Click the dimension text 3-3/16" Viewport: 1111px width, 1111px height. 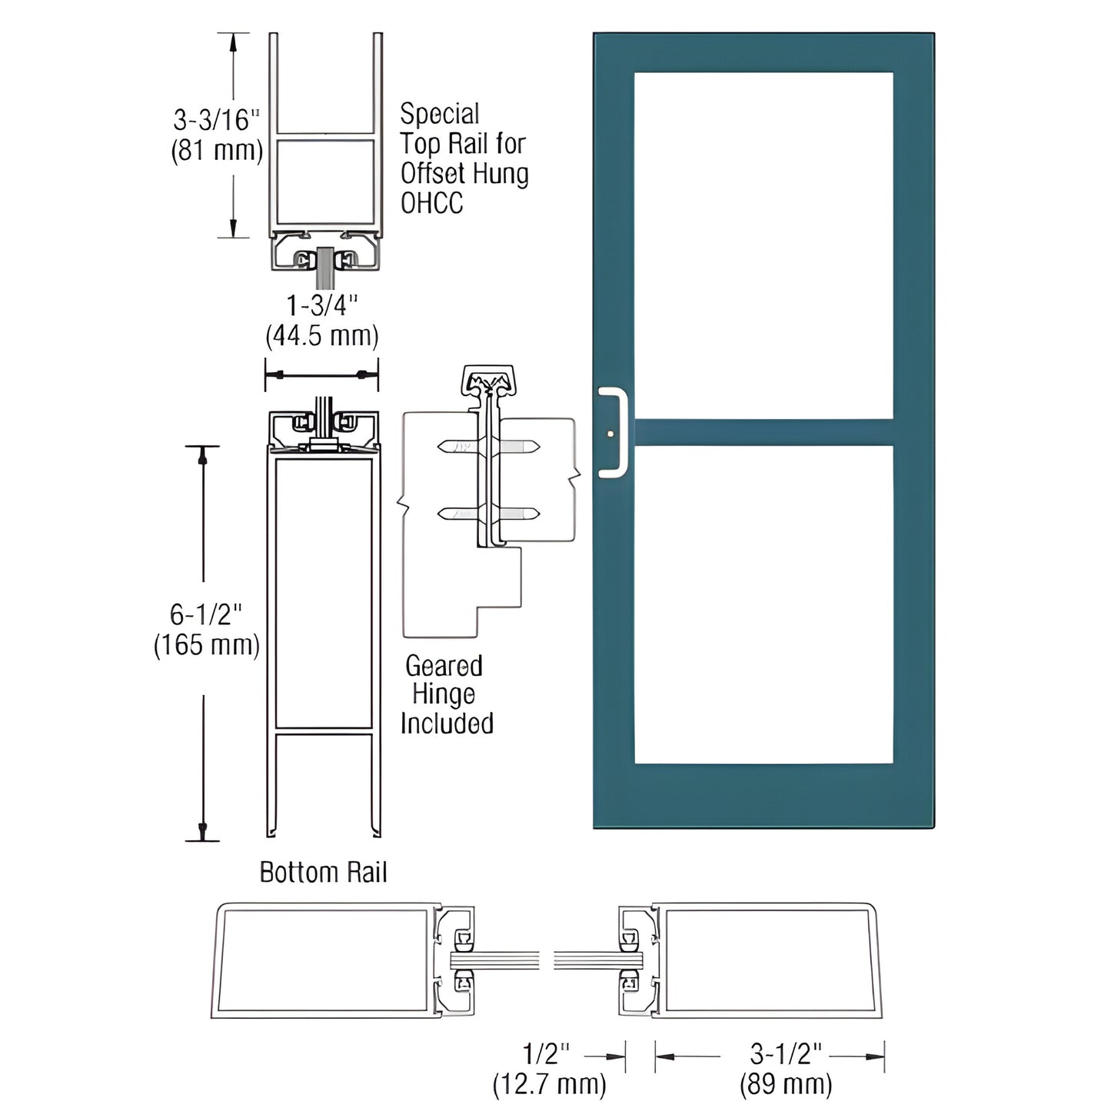click(215, 120)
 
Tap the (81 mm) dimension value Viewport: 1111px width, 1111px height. click(216, 150)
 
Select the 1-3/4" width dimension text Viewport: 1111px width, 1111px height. click(322, 306)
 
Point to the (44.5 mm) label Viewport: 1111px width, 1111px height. click(322, 336)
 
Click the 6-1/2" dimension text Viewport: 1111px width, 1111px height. click(205, 614)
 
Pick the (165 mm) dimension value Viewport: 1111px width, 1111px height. click(206, 644)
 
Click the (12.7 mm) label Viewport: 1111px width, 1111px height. click(549, 1084)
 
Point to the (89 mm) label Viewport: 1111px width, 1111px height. click(785, 1084)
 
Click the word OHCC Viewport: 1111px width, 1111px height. click(431, 203)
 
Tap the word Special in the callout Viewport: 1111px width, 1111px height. click(439, 115)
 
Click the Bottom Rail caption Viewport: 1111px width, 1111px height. click(323, 873)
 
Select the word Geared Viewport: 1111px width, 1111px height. click(444, 665)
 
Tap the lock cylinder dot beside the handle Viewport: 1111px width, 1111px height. click(610, 434)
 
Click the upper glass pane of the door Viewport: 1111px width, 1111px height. click(763, 246)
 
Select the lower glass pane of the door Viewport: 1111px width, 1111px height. click(763, 604)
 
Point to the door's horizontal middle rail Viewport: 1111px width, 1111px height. click(763, 432)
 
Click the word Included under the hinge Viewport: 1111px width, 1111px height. click(447, 723)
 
